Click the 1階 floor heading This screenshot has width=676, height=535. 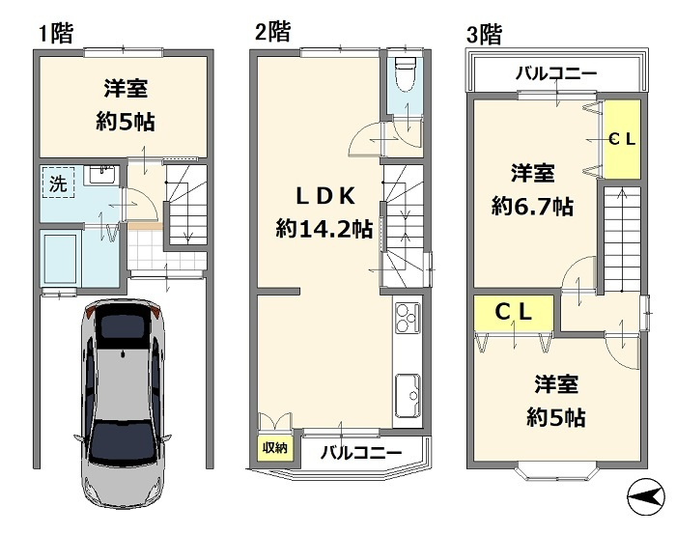click(55, 35)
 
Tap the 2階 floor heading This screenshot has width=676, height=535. click(272, 32)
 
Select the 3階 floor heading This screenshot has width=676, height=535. click(485, 36)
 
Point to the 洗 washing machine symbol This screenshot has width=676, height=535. click(58, 183)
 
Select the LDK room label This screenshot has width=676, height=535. click(325, 196)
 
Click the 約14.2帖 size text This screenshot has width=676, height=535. click(324, 229)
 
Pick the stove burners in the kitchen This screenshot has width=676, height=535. click(408, 317)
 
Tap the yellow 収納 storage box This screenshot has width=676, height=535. click(271, 447)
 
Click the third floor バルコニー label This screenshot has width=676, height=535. click(555, 72)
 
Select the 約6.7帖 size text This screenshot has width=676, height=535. click(532, 206)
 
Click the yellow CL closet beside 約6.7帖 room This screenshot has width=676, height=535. click(620, 139)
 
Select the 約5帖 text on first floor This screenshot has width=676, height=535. click(127, 123)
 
